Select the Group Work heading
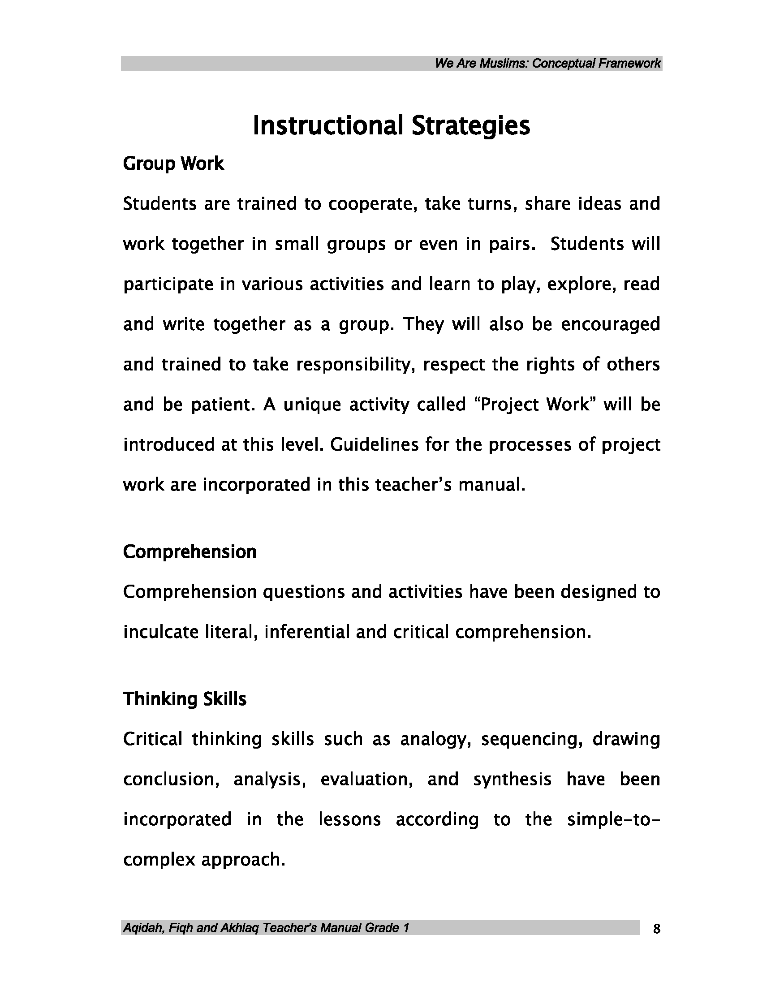(173, 164)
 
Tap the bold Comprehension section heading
(190, 552)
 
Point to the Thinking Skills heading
(185, 699)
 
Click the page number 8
(657, 929)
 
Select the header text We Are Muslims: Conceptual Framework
(547, 63)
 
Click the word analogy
(435, 739)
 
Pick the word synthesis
(512, 780)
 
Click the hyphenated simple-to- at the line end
(614, 820)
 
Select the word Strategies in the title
(471, 125)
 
